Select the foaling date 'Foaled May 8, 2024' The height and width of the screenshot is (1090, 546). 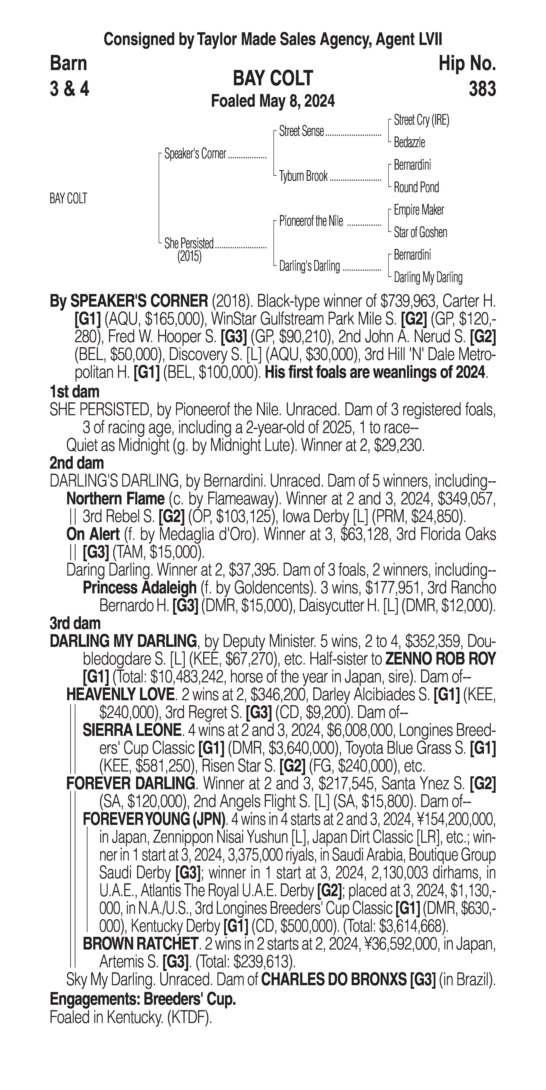(x=273, y=101)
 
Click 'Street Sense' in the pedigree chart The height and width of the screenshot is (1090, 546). (x=301, y=132)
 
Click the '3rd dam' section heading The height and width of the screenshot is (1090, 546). (x=75, y=623)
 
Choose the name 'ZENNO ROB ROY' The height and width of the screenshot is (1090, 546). (x=440, y=659)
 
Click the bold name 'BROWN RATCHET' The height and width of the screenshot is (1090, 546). (x=140, y=943)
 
